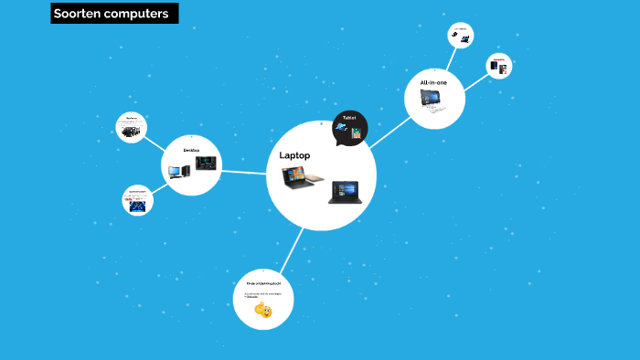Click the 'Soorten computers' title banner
coord(114,14)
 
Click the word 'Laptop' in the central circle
coord(294,155)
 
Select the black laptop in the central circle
coord(346,192)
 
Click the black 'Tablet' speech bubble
coord(349,128)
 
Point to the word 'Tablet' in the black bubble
coord(349,118)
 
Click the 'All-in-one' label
coord(433,82)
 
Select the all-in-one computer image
coord(431,98)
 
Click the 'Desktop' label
coord(191,149)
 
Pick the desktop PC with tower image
coord(178,169)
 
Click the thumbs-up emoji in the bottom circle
coord(263,311)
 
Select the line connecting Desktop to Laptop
coord(244,172)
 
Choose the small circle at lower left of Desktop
coord(137,200)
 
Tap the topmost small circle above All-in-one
coord(461,36)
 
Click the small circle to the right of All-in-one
coord(498,66)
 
